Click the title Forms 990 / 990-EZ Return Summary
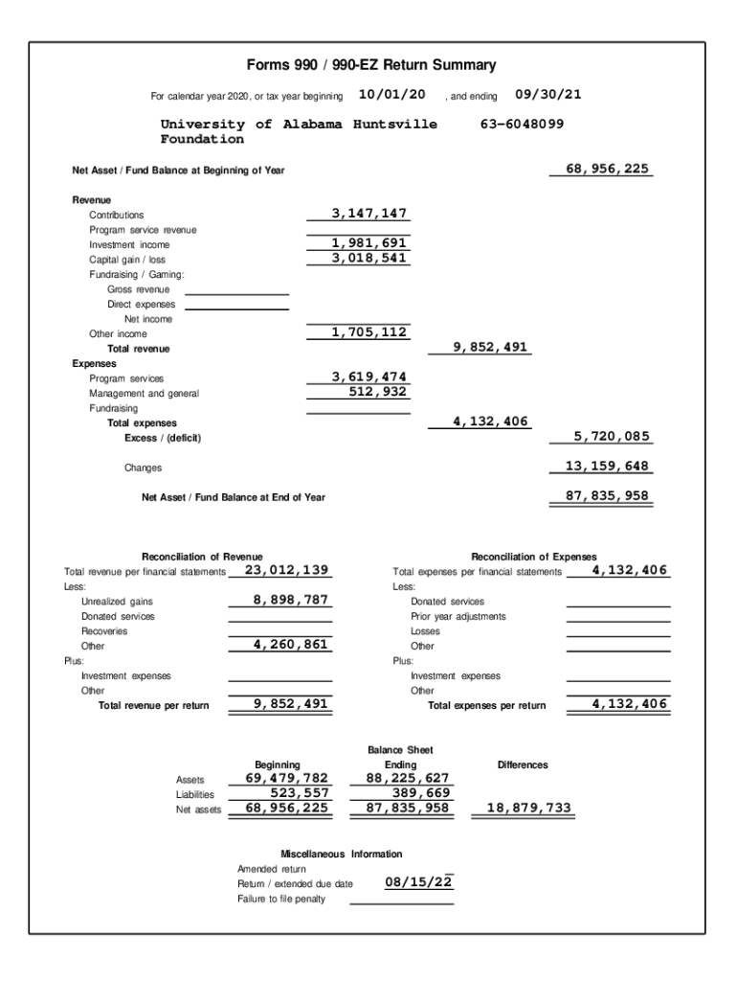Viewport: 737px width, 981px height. (x=371, y=65)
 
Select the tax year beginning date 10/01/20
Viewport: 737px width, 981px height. (x=391, y=94)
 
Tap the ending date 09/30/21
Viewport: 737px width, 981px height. (x=548, y=94)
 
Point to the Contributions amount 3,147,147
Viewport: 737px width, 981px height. (x=369, y=213)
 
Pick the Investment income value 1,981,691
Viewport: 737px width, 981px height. (x=369, y=243)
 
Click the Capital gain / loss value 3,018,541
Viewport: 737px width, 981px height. (x=369, y=259)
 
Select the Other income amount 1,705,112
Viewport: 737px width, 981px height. (x=369, y=332)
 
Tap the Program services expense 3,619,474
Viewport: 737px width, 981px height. (x=369, y=376)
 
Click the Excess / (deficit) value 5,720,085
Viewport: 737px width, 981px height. (x=612, y=437)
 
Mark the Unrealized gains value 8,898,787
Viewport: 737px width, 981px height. (x=291, y=600)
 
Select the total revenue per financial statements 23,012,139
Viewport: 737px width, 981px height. (x=287, y=570)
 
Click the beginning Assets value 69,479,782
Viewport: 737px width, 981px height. (x=287, y=778)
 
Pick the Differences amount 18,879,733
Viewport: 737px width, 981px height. (x=529, y=808)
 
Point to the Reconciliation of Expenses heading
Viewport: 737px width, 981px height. (x=534, y=557)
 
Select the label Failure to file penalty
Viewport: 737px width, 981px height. (x=281, y=899)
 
